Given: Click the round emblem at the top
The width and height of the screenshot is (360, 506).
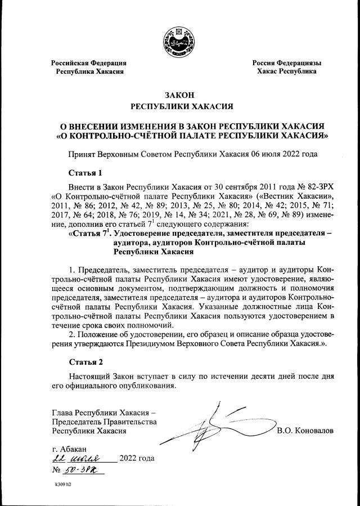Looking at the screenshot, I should (x=179, y=42).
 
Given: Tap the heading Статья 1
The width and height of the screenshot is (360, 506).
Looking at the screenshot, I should (x=85, y=172).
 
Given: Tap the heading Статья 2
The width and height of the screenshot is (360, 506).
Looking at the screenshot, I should (x=85, y=361).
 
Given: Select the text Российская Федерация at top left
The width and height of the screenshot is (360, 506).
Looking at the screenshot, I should (x=89, y=62).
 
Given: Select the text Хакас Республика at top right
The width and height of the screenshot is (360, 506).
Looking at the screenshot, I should (x=286, y=71).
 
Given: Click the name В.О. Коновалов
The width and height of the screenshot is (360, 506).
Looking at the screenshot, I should (x=305, y=431).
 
